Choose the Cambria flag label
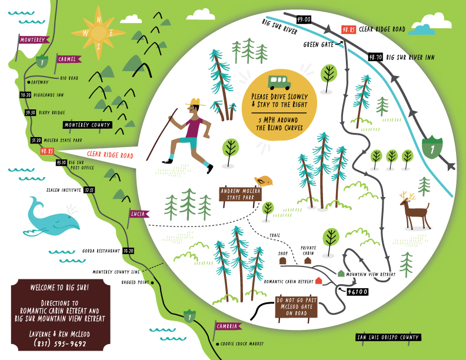click(227, 326)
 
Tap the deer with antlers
click(415, 211)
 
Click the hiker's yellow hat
click(194, 104)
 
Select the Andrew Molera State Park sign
click(240, 194)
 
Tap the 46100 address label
click(358, 291)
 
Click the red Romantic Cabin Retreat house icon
click(318, 281)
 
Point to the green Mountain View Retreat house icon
click(341, 273)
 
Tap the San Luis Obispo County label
click(388, 337)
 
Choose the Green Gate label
click(318, 44)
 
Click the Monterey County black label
click(87, 125)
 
